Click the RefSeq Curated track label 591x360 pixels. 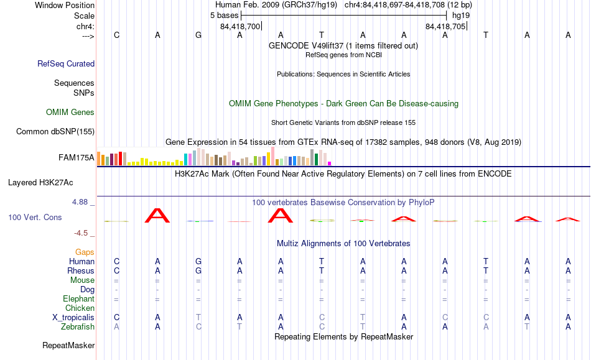(x=66, y=63)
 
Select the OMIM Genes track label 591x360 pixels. (x=70, y=112)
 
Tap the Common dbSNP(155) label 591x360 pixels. (x=55, y=131)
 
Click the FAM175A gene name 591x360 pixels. (x=77, y=157)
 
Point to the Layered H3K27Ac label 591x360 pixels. (x=40, y=183)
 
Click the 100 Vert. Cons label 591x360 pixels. (x=35, y=217)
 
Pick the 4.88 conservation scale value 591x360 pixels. (x=80, y=202)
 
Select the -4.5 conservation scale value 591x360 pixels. (x=81, y=233)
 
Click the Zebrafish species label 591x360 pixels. (x=78, y=327)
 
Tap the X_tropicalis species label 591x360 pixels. (x=73, y=318)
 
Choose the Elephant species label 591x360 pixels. (x=79, y=298)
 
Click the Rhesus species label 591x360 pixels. (x=81, y=270)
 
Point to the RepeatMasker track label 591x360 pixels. (x=68, y=345)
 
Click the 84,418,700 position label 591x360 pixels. (x=240, y=26)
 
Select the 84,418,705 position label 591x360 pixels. (x=445, y=26)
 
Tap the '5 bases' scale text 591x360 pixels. (x=224, y=16)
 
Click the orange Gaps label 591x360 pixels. (x=85, y=252)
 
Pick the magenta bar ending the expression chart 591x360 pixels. (x=330, y=164)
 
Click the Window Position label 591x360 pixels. (x=65, y=5)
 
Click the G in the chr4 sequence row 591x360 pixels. (x=198, y=35)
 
